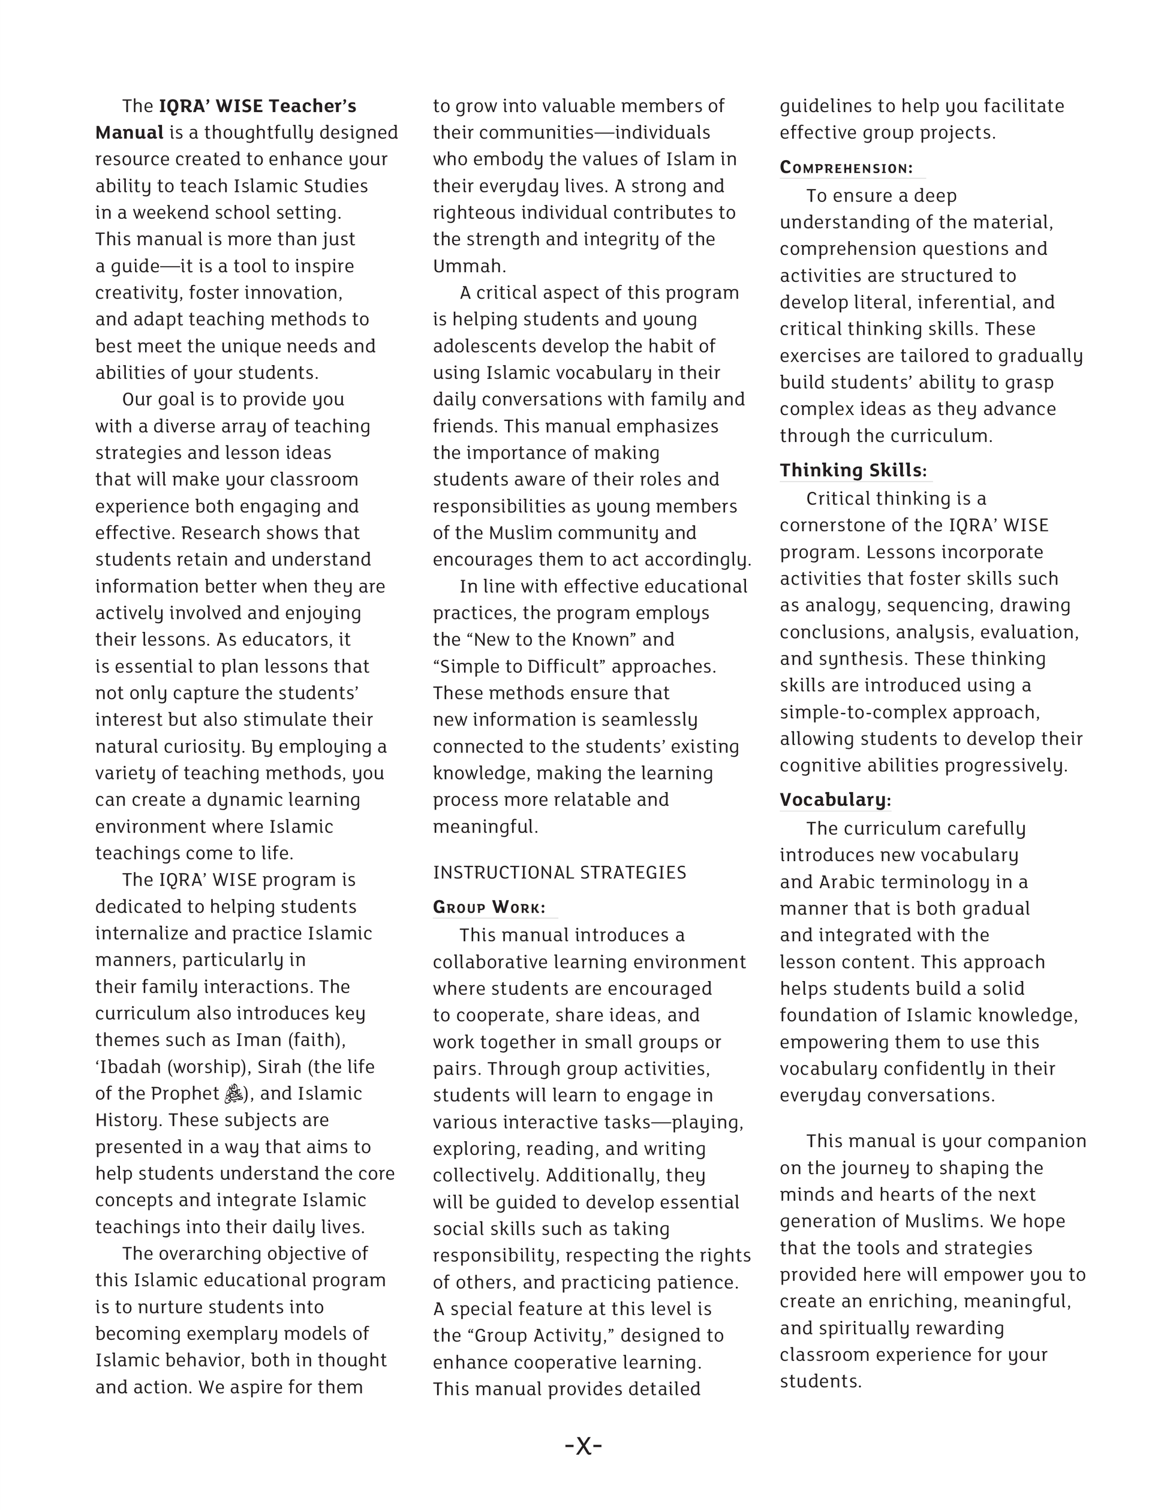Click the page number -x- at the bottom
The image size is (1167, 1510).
(583, 1446)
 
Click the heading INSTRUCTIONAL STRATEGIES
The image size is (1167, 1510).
(560, 873)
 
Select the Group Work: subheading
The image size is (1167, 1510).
(489, 907)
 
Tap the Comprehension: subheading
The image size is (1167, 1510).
(846, 168)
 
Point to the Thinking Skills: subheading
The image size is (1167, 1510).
(853, 470)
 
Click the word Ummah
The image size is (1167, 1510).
(467, 266)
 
